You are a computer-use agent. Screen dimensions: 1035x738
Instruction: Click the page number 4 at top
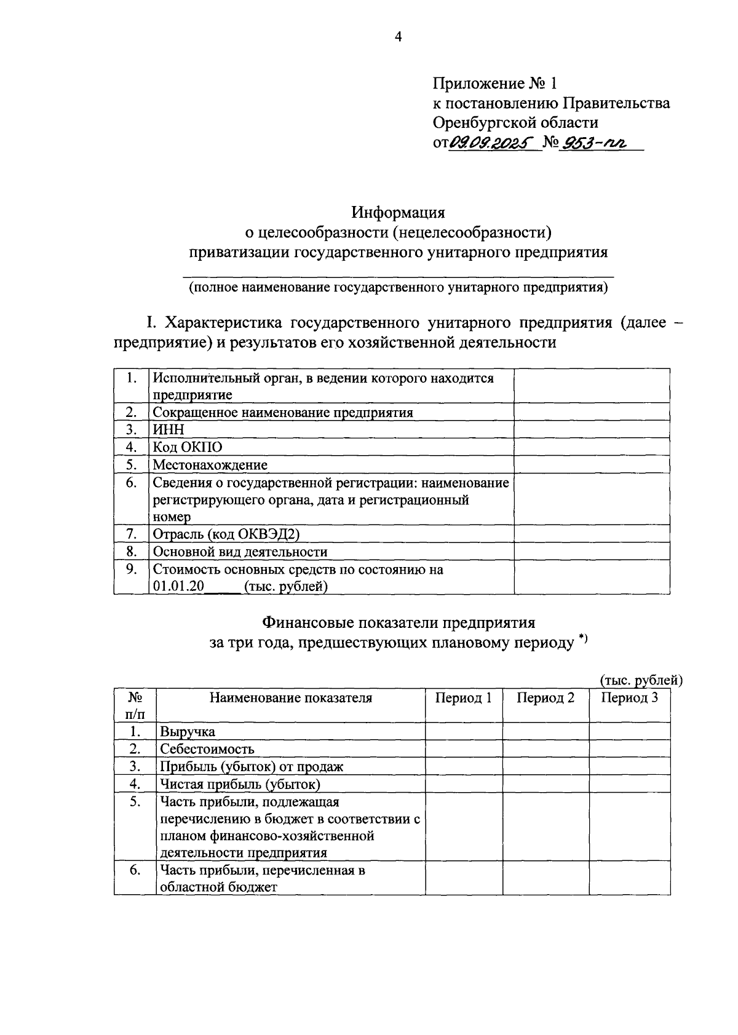click(398, 38)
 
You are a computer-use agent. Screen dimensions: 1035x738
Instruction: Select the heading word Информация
click(398, 213)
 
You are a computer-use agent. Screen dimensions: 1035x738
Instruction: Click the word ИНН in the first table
click(168, 429)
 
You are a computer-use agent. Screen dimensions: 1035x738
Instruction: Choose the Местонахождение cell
click(210, 464)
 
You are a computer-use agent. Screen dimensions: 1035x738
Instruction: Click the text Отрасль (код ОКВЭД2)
click(226, 534)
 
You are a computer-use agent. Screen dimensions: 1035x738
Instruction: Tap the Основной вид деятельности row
click(240, 552)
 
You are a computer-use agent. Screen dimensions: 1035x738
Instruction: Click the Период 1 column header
click(463, 697)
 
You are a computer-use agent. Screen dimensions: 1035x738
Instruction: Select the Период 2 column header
click(546, 697)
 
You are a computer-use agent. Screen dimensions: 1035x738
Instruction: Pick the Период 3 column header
click(629, 697)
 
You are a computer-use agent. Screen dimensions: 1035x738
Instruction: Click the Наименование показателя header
click(291, 697)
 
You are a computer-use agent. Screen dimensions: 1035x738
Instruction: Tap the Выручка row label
click(188, 731)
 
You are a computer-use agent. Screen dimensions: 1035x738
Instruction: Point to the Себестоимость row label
click(207, 749)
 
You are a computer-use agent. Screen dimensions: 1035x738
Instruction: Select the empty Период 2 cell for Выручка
click(546, 731)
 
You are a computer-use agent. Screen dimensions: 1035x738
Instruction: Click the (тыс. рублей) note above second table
click(641, 680)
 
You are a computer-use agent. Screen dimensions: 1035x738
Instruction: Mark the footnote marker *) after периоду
click(583, 641)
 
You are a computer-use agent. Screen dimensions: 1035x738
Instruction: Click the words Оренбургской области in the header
click(515, 122)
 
